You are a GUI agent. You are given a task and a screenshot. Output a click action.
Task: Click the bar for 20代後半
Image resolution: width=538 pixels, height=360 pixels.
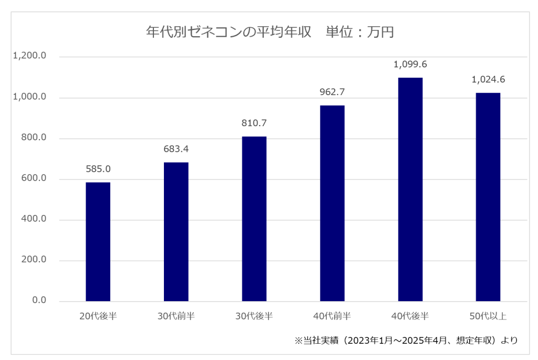pyautogui.click(x=98, y=242)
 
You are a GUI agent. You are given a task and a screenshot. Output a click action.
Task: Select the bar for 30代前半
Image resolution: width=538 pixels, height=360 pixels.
pyautogui.click(x=176, y=232)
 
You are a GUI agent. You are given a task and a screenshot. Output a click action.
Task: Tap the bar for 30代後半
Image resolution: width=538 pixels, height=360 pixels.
pyautogui.click(x=254, y=219)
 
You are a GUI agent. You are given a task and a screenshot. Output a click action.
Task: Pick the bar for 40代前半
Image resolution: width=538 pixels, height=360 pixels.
pyautogui.click(x=332, y=203)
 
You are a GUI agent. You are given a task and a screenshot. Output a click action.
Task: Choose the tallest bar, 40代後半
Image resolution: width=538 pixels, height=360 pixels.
pyautogui.click(x=410, y=189)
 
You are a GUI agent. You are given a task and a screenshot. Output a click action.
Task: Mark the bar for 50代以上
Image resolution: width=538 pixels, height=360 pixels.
pyautogui.click(x=488, y=197)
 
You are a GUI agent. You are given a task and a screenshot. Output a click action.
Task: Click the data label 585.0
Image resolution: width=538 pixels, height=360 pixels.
pyautogui.click(x=98, y=169)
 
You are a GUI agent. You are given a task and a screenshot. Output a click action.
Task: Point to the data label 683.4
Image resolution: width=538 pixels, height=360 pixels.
pyautogui.click(x=176, y=149)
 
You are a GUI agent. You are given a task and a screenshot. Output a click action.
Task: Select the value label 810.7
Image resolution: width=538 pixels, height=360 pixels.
pyautogui.click(x=254, y=124)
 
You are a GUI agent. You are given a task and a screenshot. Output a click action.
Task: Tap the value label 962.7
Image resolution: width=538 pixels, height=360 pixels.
pyautogui.click(x=332, y=92)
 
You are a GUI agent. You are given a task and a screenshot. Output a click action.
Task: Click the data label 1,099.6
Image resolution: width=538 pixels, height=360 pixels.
pyautogui.click(x=410, y=65)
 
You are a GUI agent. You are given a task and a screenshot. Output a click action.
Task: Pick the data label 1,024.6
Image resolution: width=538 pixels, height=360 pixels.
pyautogui.click(x=488, y=80)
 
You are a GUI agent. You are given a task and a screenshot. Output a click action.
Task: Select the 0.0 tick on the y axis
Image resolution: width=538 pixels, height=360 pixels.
pyautogui.click(x=39, y=301)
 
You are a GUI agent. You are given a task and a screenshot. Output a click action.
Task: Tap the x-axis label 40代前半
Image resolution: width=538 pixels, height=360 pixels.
pyautogui.click(x=332, y=316)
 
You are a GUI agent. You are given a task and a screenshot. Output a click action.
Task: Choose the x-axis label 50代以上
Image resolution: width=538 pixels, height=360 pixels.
pyautogui.click(x=488, y=316)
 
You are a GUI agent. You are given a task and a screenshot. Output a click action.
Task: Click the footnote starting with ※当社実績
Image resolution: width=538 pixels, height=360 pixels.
pyautogui.click(x=406, y=341)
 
